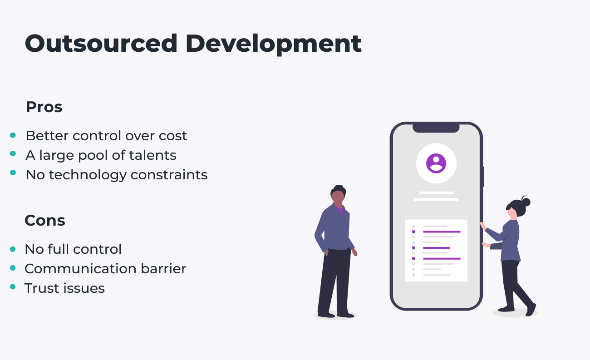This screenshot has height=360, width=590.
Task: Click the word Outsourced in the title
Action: tap(101, 44)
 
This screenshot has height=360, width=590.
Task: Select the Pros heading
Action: tap(44, 107)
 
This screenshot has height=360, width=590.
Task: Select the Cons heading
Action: tap(44, 221)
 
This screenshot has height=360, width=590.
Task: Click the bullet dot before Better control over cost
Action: tap(13, 135)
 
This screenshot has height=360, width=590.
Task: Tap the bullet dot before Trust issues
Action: tap(13, 287)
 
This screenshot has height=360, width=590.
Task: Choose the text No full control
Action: tap(73, 249)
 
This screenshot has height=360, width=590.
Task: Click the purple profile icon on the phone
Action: tap(436, 163)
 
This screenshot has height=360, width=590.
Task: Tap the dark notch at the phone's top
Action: tap(436, 128)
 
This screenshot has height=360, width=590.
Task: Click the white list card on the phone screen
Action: tap(436, 250)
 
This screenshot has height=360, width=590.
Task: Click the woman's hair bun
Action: tap(526, 201)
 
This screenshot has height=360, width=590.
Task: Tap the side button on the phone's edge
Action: tap(483, 177)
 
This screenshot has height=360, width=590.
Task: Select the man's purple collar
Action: tap(339, 209)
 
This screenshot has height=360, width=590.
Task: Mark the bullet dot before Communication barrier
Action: tap(13, 268)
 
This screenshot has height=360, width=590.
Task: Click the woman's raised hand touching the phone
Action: tap(482, 225)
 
